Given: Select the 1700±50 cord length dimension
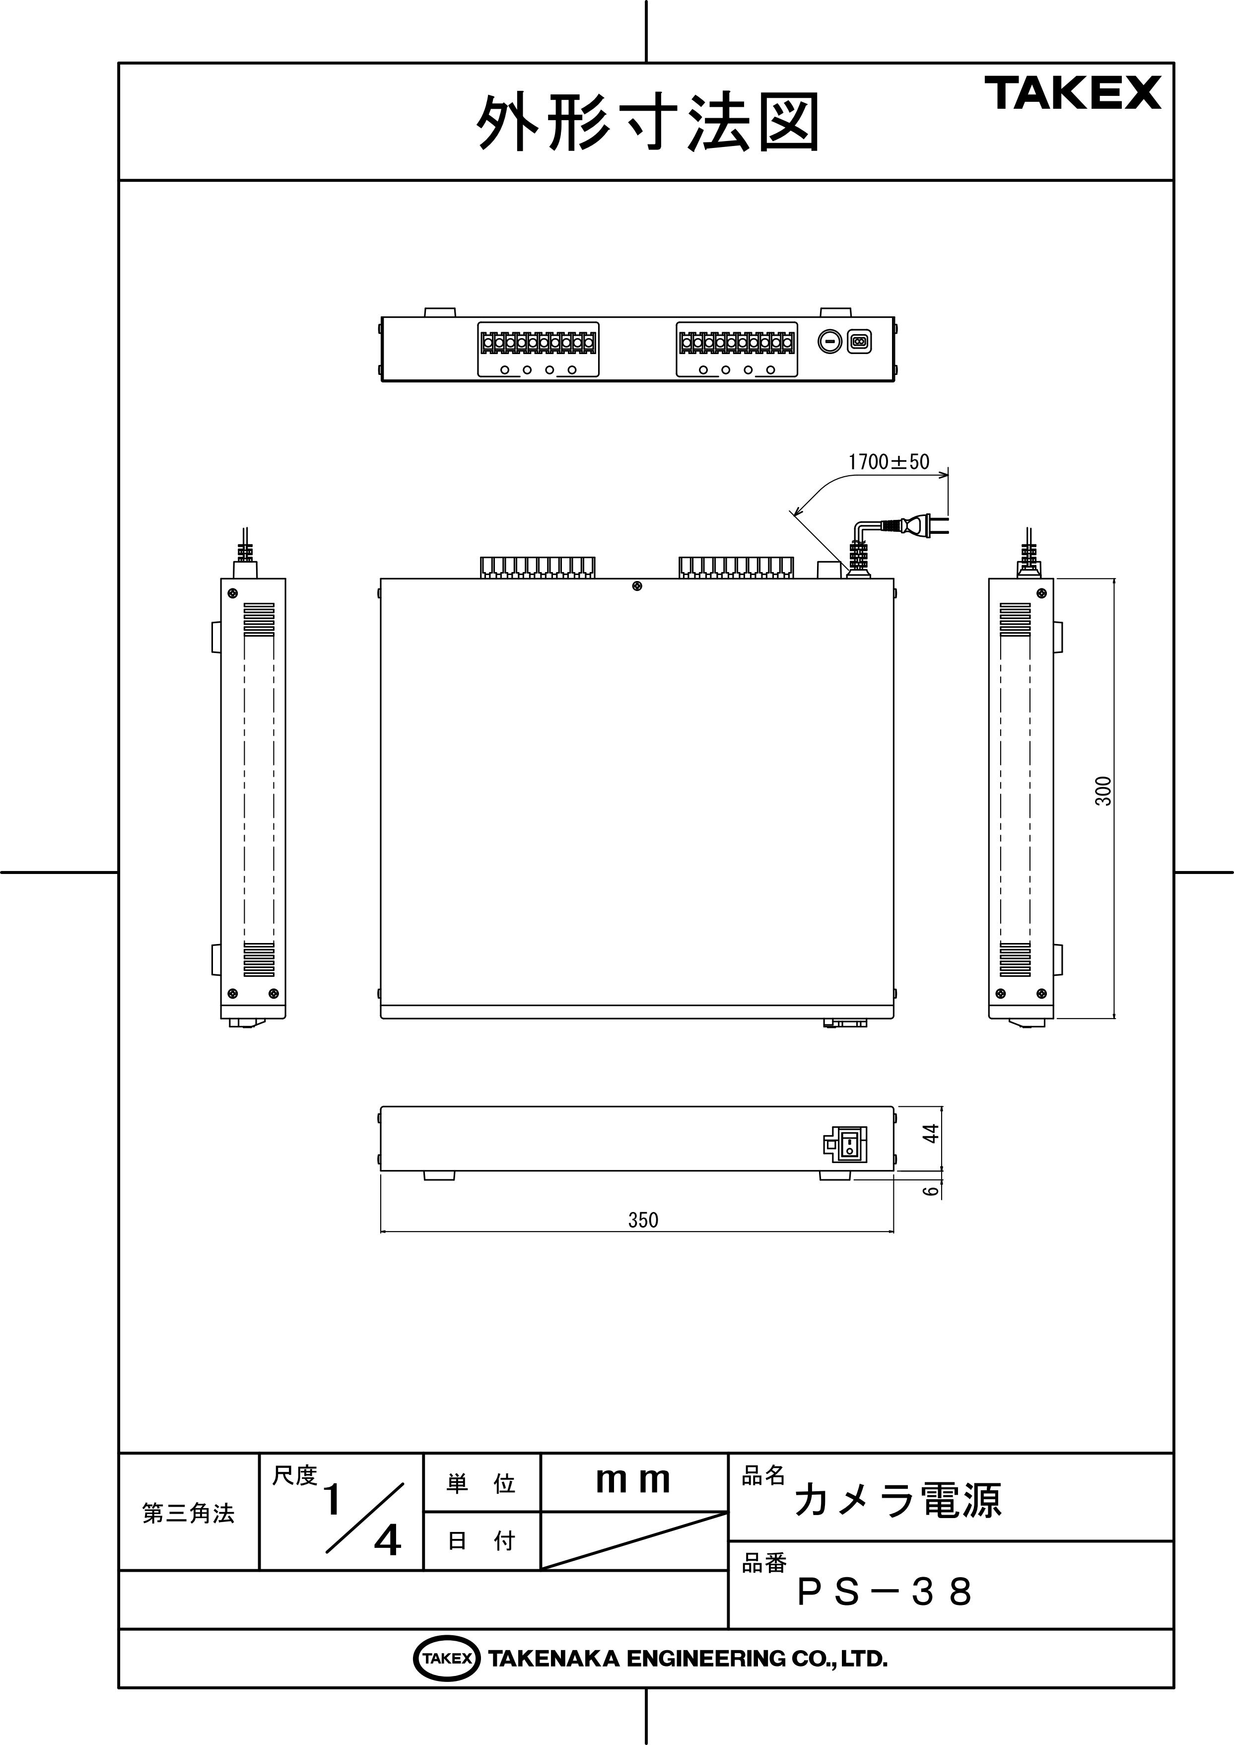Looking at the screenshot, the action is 888,461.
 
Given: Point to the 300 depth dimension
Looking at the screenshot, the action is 1103,791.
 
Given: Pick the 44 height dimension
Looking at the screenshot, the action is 931,1133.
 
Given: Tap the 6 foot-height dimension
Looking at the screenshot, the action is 931,1191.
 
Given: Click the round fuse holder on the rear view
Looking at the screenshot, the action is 830,342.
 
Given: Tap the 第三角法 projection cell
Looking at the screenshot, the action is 189,1513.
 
